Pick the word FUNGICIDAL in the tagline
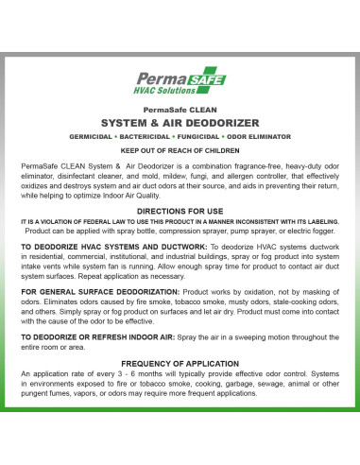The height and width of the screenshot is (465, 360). (210, 137)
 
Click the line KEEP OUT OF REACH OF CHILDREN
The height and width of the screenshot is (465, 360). (180, 151)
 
